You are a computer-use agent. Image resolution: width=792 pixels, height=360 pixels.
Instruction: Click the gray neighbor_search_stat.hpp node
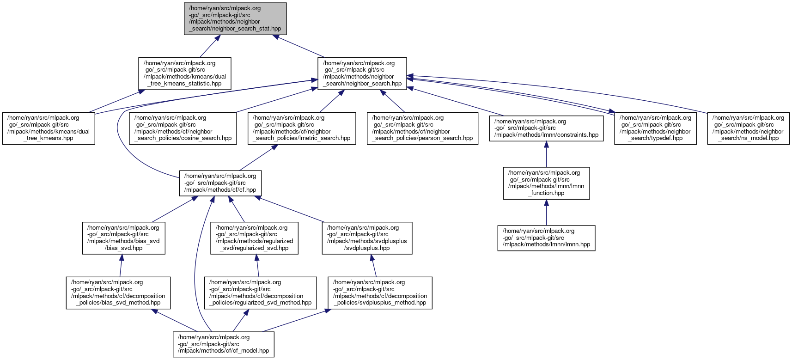tap(235, 18)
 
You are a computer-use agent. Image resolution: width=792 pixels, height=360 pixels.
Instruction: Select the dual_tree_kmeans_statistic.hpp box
tap(185, 73)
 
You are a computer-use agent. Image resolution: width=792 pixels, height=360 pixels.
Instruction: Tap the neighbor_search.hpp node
tap(362, 73)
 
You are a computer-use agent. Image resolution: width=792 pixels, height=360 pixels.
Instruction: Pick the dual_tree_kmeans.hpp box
tap(49, 128)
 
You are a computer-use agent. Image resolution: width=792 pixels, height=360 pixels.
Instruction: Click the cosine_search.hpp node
tap(183, 128)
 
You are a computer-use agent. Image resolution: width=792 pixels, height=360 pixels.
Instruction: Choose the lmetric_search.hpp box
tap(302, 128)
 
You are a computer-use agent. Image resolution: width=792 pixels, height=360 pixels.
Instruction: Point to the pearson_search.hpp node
tap(422, 128)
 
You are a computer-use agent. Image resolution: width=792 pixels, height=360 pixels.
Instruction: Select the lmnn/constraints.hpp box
tap(546, 128)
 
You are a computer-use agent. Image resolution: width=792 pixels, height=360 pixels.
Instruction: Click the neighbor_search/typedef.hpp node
tap(655, 128)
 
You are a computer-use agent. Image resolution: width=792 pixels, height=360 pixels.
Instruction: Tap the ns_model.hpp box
tap(749, 128)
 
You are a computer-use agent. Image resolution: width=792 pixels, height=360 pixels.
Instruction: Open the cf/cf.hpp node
tap(220, 183)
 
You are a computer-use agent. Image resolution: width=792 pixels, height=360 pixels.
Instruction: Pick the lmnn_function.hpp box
tap(546, 183)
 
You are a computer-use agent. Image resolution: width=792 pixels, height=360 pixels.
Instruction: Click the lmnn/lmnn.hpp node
tap(546, 238)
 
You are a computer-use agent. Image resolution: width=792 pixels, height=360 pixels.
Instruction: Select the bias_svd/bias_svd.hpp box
tap(124, 238)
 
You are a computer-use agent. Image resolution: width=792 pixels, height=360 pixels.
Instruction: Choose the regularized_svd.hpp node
tap(254, 238)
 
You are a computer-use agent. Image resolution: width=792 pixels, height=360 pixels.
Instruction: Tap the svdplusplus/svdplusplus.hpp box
tap(367, 238)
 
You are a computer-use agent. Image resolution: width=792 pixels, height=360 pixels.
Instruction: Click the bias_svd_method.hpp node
tap(118, 293)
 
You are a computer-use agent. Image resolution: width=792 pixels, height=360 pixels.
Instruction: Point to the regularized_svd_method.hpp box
tap(261, 293)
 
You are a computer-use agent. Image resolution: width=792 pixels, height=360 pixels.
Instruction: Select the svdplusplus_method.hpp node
tap(380, 293)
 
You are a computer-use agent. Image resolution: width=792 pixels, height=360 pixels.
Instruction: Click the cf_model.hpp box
tap(224, 344)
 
